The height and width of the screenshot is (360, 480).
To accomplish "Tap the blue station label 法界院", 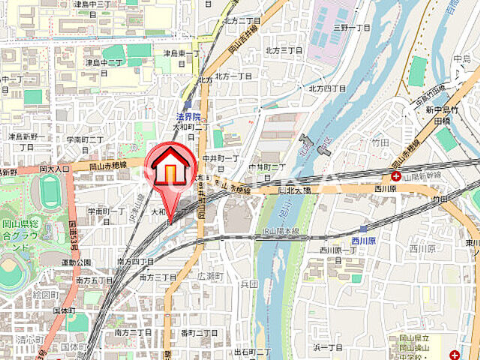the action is tap(188, 116).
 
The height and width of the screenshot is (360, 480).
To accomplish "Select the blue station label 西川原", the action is tap(372, 241).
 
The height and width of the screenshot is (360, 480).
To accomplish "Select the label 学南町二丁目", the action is tap(84, 139).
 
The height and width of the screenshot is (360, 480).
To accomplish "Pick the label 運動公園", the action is tap(77, 262).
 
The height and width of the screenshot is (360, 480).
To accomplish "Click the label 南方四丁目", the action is tap(136, 261).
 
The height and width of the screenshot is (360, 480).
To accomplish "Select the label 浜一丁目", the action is tap(328, 347).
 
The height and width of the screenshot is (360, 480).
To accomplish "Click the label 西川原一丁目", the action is tap(336, 250).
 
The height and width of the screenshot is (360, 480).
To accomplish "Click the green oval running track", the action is tap(49, 192).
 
